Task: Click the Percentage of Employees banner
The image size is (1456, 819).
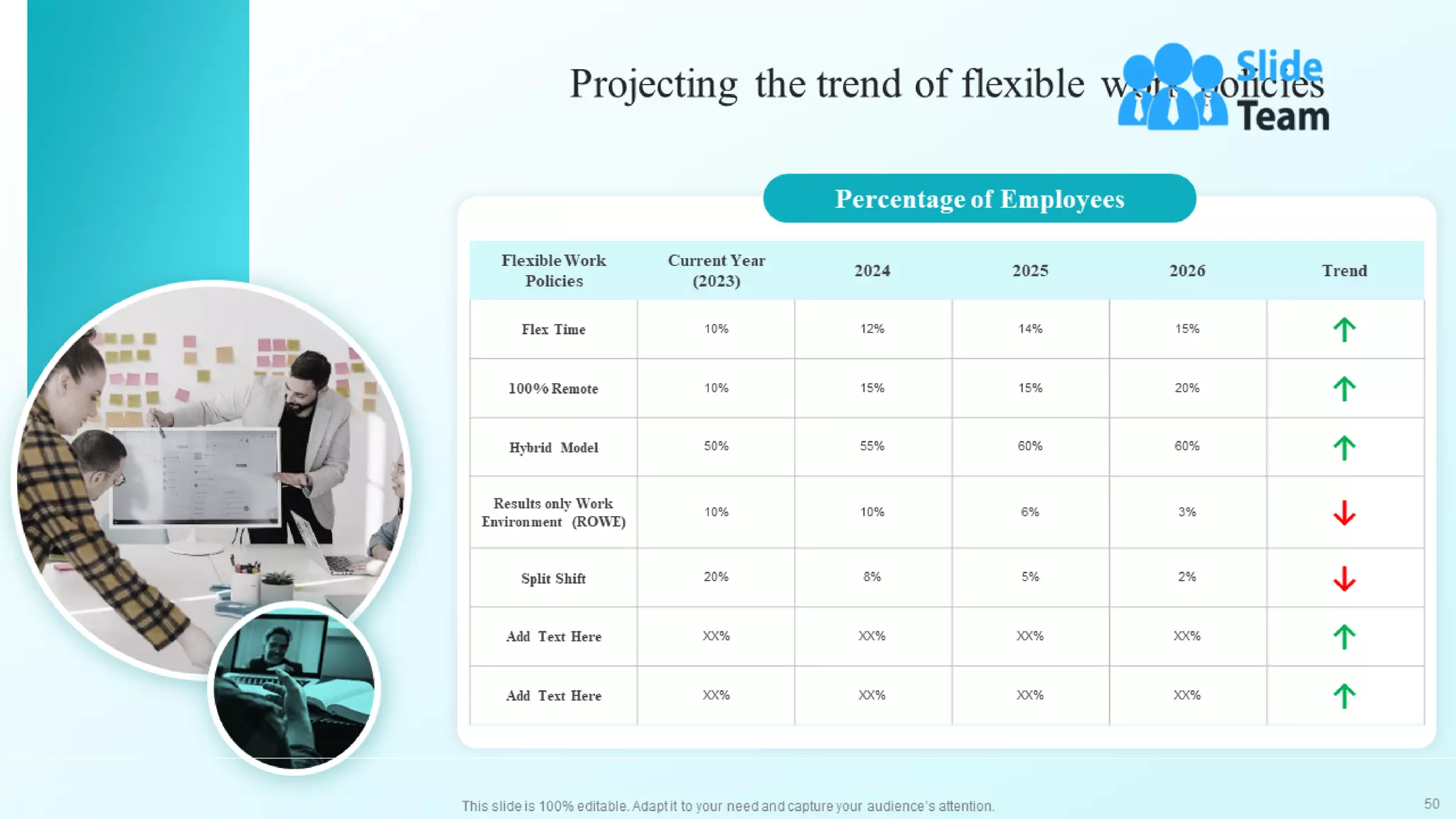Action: (979, 199)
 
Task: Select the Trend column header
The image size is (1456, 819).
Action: (1344, 271)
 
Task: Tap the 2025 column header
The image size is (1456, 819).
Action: (1029, 271)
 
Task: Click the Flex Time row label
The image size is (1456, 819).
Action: (553, 330)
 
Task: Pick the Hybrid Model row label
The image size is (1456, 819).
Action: (553, 448)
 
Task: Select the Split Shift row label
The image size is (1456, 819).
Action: (553, 579)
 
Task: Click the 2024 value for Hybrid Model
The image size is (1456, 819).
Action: (872, 446)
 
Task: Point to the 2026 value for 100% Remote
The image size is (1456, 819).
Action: (1187, 388)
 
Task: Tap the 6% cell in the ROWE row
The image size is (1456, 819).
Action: (1029, 512)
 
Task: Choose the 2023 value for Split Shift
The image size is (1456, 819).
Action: (716, 577)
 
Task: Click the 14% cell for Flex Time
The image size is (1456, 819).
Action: (1029, 329)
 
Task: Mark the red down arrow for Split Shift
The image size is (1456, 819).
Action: (1344, 579)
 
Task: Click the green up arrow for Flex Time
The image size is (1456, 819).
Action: (1344, 330)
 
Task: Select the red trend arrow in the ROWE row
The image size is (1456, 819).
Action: (1344, 513)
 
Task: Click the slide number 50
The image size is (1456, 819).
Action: (1431, 804)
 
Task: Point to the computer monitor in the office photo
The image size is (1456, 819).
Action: (196, 476)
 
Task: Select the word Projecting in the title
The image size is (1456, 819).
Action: (653, 85)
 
